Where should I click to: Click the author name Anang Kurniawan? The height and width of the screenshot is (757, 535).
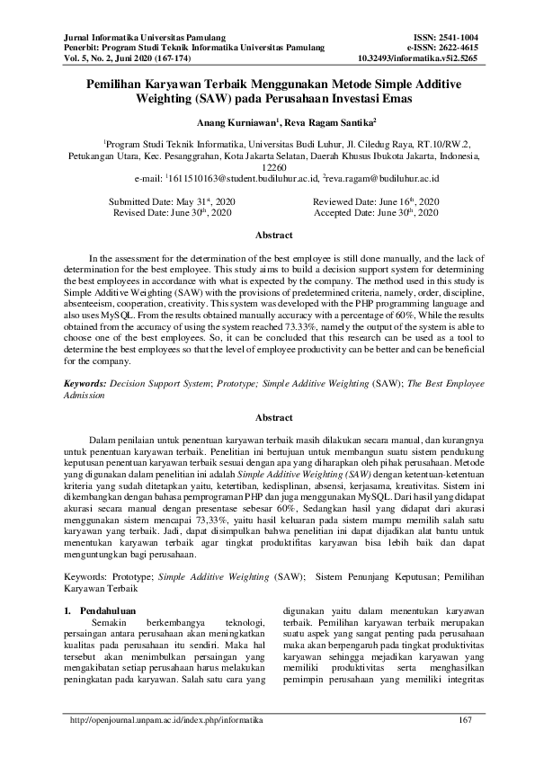tap(225, 121)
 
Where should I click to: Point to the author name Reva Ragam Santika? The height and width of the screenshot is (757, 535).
tap(298, 121)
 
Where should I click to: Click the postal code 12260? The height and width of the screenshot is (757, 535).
tap(267, 167)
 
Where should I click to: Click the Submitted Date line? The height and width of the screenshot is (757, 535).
tap(171, 201)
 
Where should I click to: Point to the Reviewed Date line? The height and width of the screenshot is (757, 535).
tap(375, 201)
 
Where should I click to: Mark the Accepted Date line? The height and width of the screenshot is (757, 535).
tap(375, 214)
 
